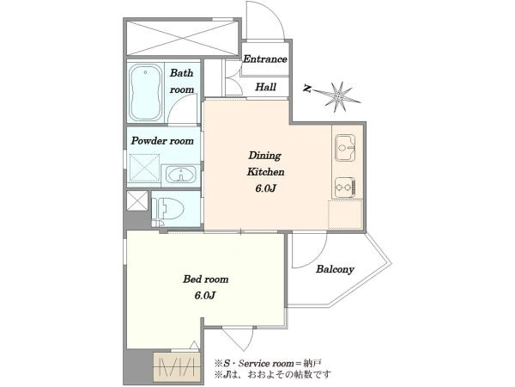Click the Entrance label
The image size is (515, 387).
coord(264,59)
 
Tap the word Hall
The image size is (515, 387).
coord(265,87)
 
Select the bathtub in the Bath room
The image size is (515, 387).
coord(146,93)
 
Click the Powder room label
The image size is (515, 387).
coord(162,141)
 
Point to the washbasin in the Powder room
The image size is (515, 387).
coord(180,175)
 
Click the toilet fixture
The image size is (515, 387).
coord(167,209)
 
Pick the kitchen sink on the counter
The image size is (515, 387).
coord(345,148)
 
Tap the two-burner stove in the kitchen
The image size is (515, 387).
coord(345,187)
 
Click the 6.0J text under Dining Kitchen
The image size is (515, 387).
coord(265,188)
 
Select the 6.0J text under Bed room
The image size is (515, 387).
coord(205,296)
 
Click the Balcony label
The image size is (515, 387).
coord(335,269)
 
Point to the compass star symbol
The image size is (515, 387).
coord(337,96)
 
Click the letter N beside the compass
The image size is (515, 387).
coord(307,89)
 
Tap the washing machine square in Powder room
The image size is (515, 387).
coord(144,168)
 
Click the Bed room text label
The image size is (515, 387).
coord(206,279)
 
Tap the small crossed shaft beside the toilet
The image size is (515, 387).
coord(137,200)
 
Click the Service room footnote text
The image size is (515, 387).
coord(268,363)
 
